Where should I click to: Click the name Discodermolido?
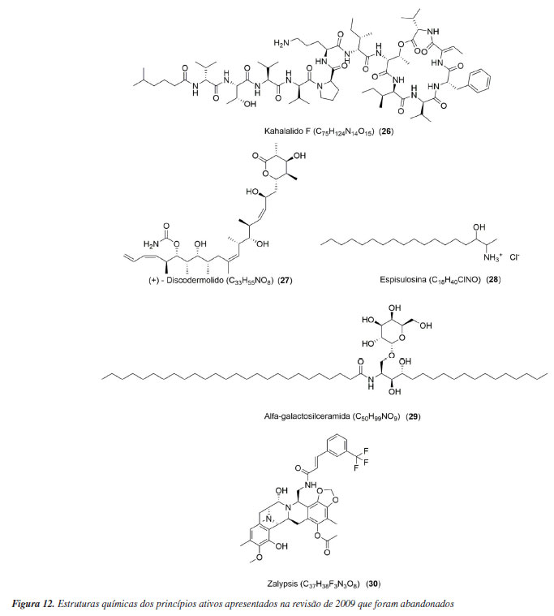[191, 280]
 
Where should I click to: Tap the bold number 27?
[285, 280]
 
